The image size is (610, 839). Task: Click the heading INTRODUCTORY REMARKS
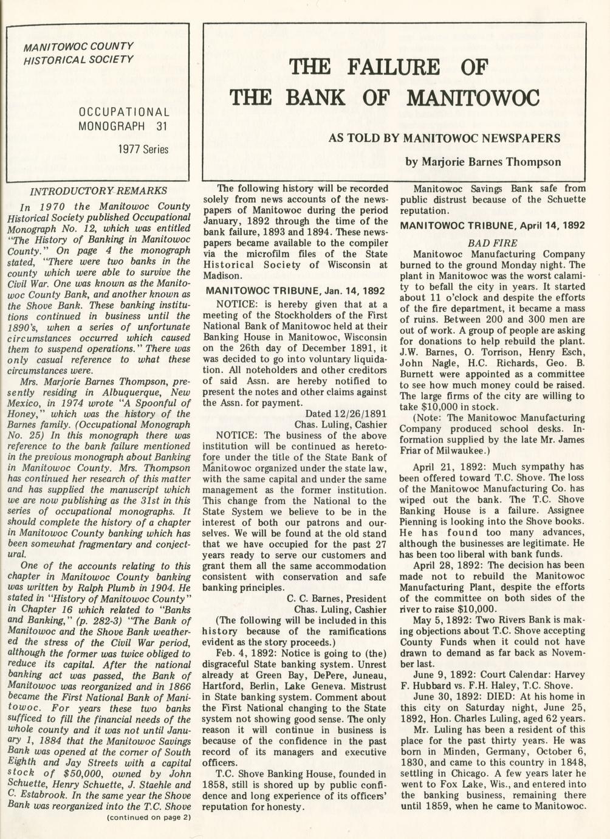tap(98, 190)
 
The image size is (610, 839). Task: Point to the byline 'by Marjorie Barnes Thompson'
tap(483, 162)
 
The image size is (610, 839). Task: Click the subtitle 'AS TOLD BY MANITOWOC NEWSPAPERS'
tap(444, 138)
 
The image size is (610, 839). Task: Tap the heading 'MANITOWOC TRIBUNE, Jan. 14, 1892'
tap(295, 291)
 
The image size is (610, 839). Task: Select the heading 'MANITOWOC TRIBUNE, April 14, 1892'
tap(492, 226)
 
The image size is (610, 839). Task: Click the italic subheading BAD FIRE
tap(492, 243)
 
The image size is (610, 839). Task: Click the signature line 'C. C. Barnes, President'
tap(336, 598)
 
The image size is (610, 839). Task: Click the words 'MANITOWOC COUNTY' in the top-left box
tap(78, 47)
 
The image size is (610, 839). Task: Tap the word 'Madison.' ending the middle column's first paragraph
tap(222, 275)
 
